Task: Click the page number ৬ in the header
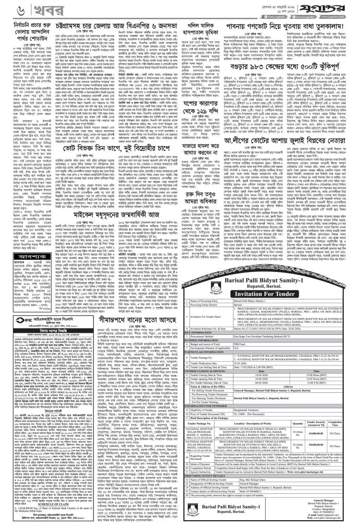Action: (x=8, y=10)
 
